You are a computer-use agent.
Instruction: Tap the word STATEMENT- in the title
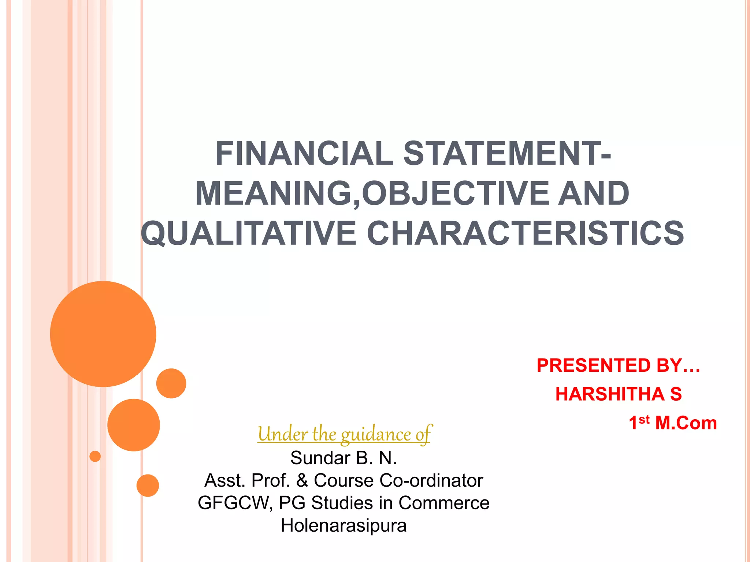[507, 154]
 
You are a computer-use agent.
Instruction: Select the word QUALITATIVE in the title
[249, 233]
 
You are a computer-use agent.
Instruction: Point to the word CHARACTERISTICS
[525, 233]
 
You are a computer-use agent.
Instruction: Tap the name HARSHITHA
[609, 394]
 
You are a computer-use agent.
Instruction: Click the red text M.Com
[686, 423]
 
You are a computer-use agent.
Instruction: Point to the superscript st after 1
[644, 419]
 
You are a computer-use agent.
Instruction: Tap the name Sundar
[320, 458]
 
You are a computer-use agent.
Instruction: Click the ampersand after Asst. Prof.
[302, 480]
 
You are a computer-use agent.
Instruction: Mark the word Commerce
[444, 503]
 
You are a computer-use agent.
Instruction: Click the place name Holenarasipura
[344, 526]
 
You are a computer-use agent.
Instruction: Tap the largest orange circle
[103, 334]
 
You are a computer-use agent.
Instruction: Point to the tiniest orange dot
[95, 456]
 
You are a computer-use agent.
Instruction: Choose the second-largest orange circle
[134, 425]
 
